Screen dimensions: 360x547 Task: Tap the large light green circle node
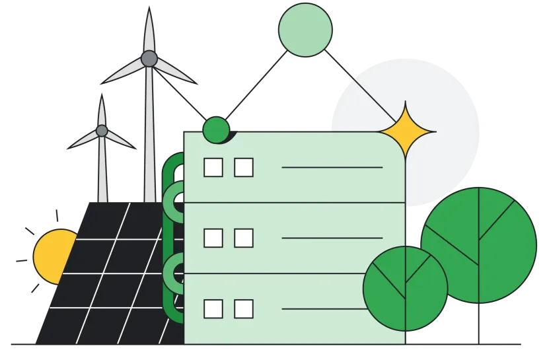point(305,29)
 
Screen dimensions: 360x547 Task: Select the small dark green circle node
point(216,129)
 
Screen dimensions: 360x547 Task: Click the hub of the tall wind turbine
point(149,59)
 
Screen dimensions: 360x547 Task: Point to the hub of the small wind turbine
point(102,131)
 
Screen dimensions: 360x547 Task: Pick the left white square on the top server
point(213,168)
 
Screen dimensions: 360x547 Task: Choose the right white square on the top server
point(244,168)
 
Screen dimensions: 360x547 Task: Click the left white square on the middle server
point(213,238)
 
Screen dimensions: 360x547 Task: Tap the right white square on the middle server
point(244,238)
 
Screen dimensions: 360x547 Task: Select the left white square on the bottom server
point(213,308)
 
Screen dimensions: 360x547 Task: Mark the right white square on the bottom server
point(244,308)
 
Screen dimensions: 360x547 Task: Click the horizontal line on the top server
point(332,168)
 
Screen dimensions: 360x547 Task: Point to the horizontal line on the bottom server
point(332,308)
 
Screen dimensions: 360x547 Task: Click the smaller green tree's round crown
point(405,288)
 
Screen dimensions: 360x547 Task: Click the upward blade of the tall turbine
point(149,30)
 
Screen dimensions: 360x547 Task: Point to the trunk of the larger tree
point(478,324)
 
